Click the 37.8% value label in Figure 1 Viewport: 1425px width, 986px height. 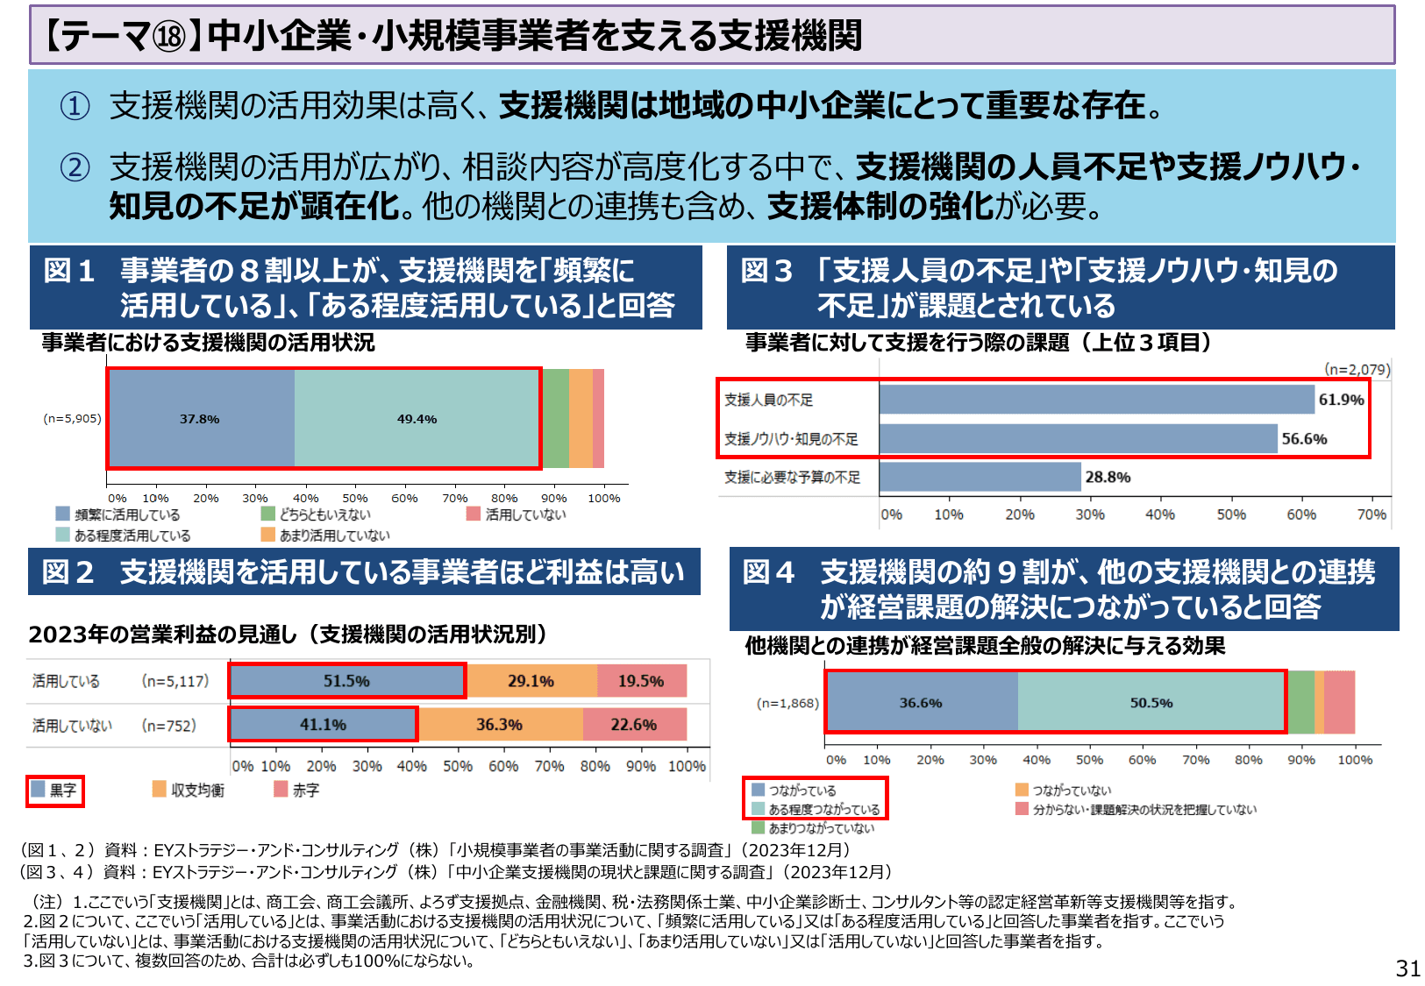click(x=200, y=419)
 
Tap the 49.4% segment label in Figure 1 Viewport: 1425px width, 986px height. click(x=417, y=419)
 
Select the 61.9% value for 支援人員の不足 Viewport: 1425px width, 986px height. click(x=1341, y=400)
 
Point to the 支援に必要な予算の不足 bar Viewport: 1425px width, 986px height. click(x=980, y=477)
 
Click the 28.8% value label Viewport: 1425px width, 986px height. click(x=1108, y=477)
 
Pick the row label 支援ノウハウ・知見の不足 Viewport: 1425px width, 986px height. click(x=791, y=439)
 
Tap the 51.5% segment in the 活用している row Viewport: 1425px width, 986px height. click(x=346, y=681)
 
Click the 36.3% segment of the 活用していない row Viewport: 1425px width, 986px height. click(x=499, y=725)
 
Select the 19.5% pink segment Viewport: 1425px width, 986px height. click(x=641, y=681)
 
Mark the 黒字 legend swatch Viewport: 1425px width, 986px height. click(x=39, y=790)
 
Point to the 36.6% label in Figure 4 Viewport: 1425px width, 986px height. click(x=921, y=703)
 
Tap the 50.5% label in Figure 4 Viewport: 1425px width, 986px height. click(x=1151, y=703)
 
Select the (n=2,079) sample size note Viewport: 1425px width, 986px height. click(x=1357, y=369)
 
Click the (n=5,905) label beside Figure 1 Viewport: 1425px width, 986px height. click(x=72, y=419)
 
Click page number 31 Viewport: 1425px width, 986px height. click(x=1407, y=968)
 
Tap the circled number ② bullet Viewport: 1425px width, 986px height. click(x=75, y=167)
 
